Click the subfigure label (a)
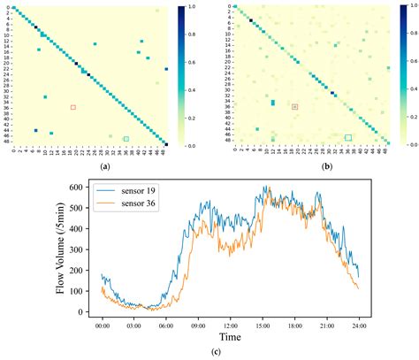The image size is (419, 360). pyautogui.click(x=105, y=165)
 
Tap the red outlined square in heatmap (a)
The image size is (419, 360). pyautogui.click(x=73, y=107)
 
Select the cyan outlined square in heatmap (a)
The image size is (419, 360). pyautogui.click(x=126, y=139)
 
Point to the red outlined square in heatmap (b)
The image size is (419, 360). pyautogui.click(x=295, y=106)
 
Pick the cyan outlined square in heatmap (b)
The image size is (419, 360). pyautogui.click(x=348, y=138)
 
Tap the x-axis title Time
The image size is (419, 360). pyautogui.click(x=230, y=338)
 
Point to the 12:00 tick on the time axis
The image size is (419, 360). pyautogui.click(x=230, y=325)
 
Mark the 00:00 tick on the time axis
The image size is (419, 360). pyautogui.click(x=102, y=325)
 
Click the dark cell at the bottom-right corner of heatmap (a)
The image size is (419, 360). pyautogui.click(x=166, y=144)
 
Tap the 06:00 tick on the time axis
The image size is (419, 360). pyautogui.click(x=165, y=325)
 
